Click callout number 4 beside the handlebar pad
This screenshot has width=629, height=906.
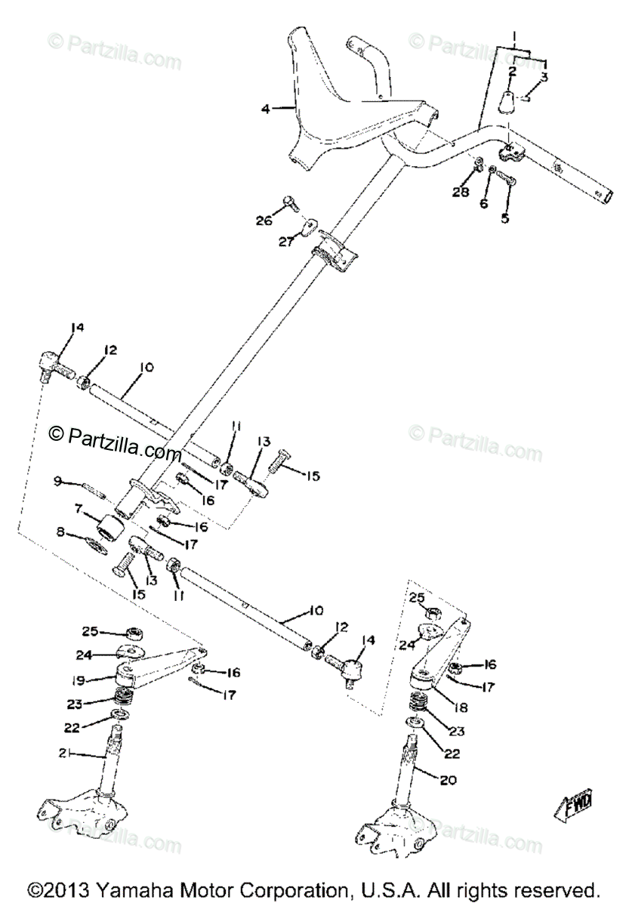click(x=264, y=109)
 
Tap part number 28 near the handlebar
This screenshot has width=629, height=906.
click(x=461, y=192)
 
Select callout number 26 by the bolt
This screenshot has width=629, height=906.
click(x=264, y=220)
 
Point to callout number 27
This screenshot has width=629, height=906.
click(x=285, y=242)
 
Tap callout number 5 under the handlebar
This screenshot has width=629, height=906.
click(x=505, y=219)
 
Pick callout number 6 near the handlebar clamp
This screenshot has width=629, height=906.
click(x=484, y=203)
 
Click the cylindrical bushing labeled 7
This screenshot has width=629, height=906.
click(x=110, y=527)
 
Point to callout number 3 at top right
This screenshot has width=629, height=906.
click(x=544, y=77)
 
